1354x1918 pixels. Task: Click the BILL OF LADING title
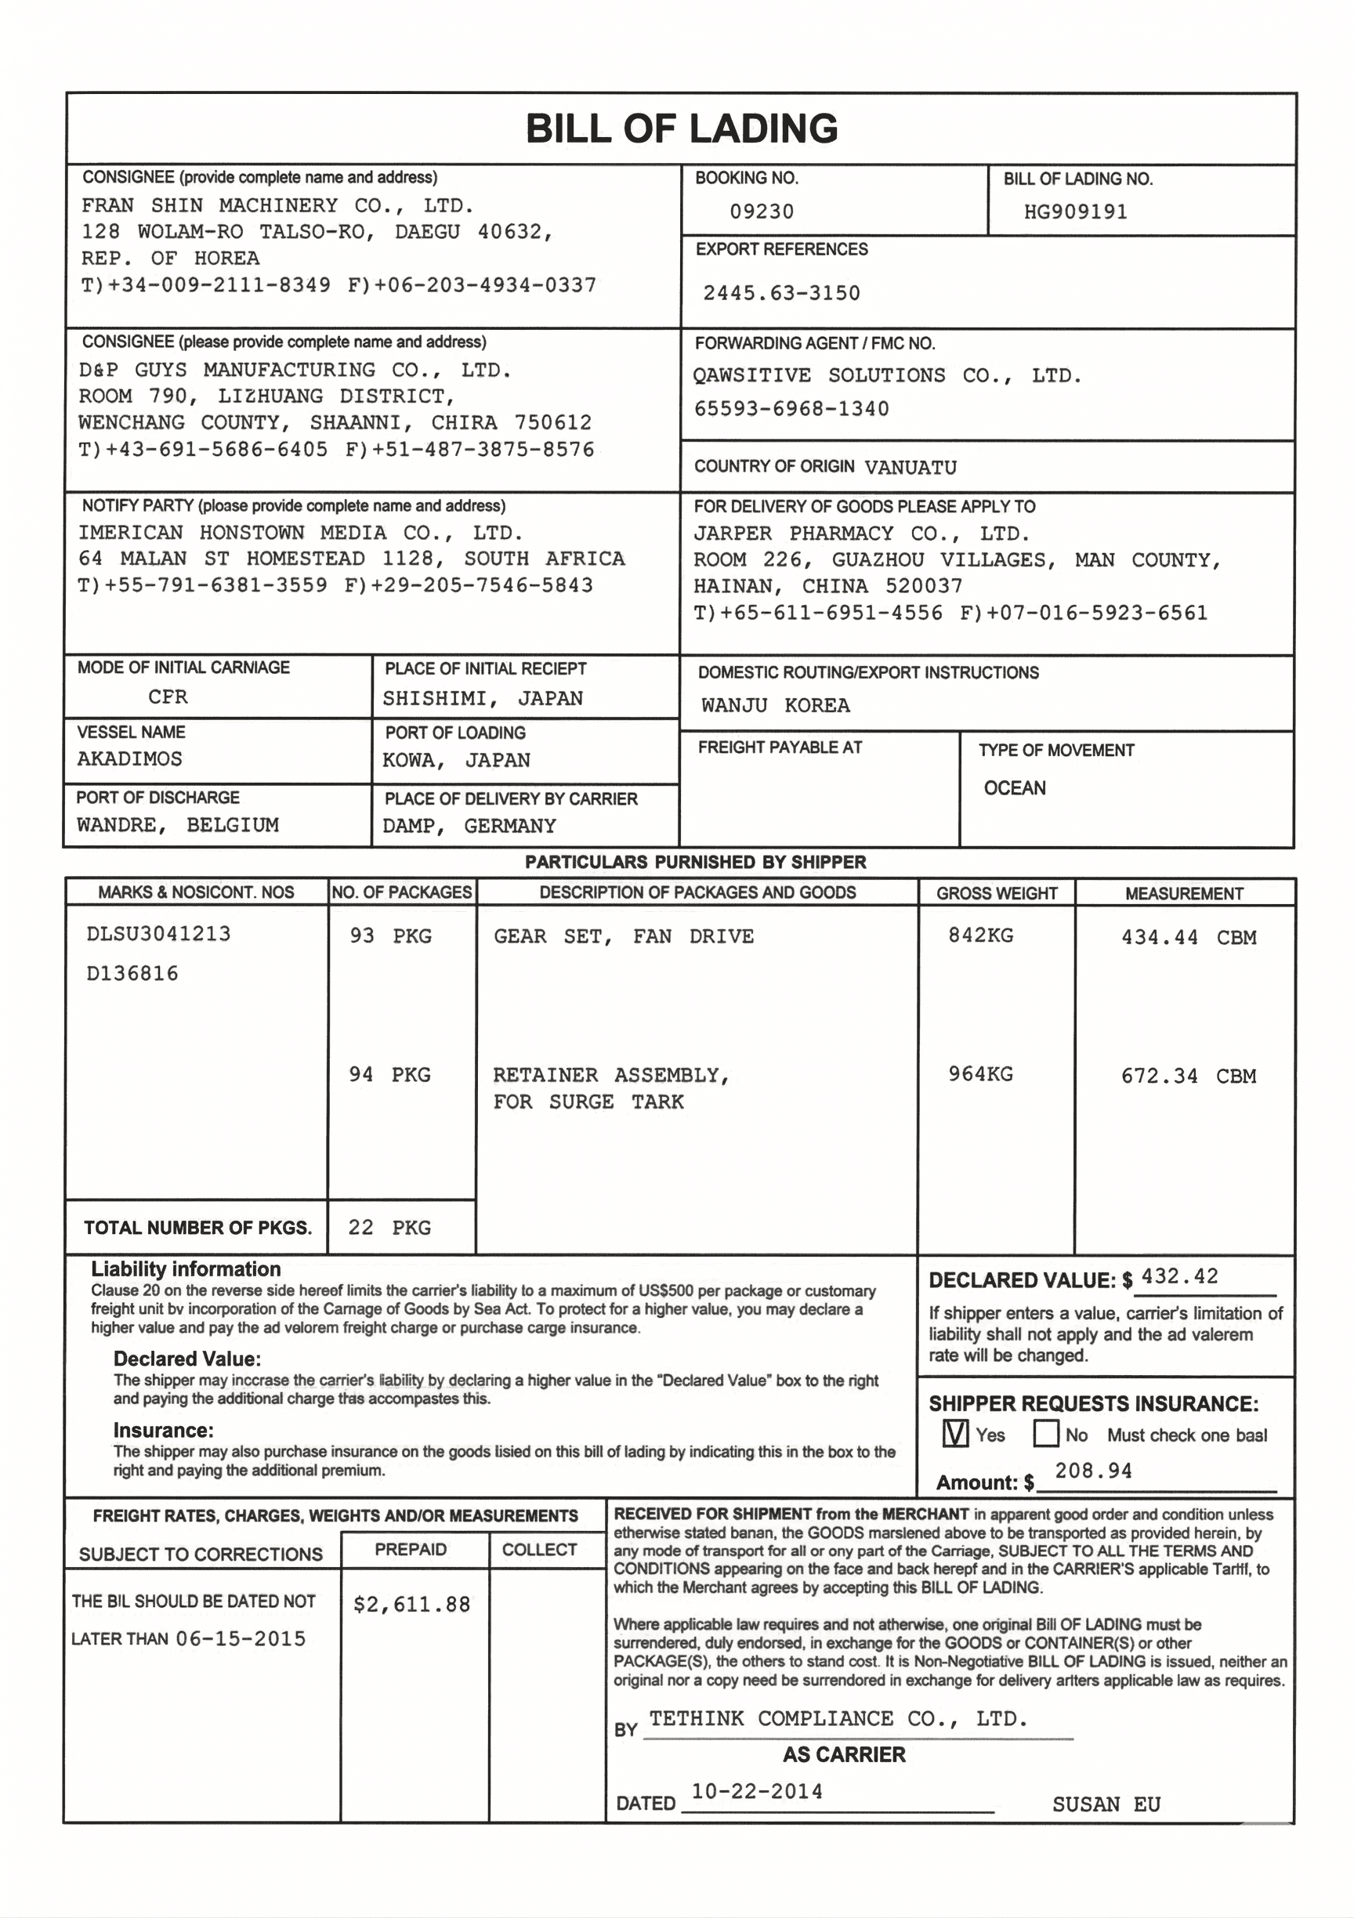(x=681, y=128)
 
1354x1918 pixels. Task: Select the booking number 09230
(x=761, y=212)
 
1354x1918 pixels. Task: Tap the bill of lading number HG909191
(x=1075, y=212)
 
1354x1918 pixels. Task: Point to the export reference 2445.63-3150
(x=781, y=293)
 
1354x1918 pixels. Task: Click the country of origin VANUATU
(x=911, y=468)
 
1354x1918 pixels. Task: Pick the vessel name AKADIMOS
(x=129, y=758)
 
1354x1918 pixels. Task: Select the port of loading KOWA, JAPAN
(x=456, y=760)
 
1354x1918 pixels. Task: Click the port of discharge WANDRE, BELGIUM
(x=178, y=825)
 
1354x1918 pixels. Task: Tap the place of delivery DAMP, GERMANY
(x=469, y=826)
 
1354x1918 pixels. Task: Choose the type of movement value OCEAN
(x=1014, y=787)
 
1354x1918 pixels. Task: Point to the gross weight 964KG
(x=979, y=1074)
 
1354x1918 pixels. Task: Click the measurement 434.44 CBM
(x=1188, y=937)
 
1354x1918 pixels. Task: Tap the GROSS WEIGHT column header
(x=997, y=893)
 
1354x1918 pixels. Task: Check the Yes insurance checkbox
(x=954, y=1434)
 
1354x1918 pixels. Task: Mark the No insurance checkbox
(x=1046, y=1434)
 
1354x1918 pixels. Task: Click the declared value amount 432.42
(x=1179, y=1276)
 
